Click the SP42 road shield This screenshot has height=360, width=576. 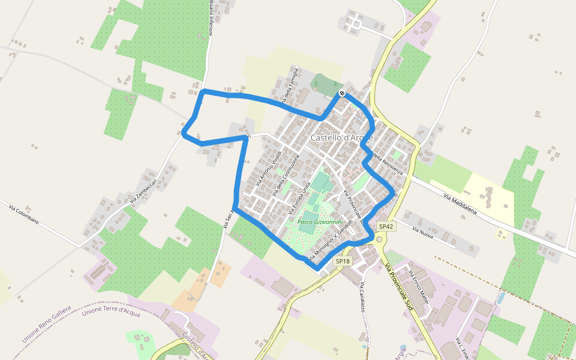click(x=386, y=226)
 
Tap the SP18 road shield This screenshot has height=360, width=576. click(x=342, y=261)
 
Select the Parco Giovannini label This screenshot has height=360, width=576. click(x=320, y=221)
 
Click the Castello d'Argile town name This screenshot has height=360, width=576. click(x=341, y=137)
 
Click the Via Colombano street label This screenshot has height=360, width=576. click(x=24, y=214)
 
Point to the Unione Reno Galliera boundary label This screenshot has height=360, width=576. click(x=46, y=324)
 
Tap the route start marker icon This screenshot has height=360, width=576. click(x=341, y=93)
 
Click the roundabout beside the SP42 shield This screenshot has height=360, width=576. click(x=379, y=239)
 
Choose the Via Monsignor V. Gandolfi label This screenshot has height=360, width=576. click(x=329, y=242)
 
